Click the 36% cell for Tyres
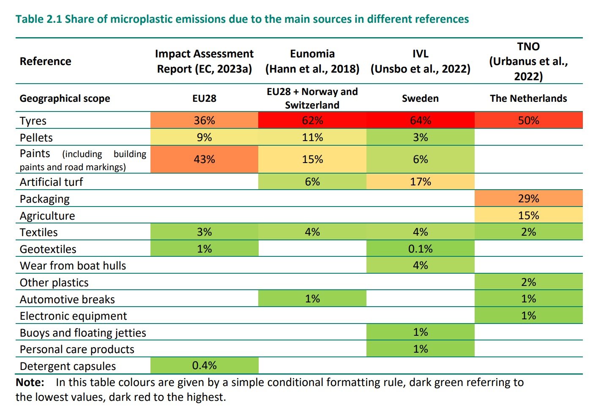[204, 120]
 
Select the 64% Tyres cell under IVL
[420, 120]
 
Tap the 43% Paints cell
[204, 159]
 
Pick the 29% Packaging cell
[528, 199]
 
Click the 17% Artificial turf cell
[420, 182]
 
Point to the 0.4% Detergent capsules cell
[204, 365]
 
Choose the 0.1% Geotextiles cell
[420, 249]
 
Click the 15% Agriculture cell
[528, 215]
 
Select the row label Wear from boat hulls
[73, 266]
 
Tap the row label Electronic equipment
[73, 316]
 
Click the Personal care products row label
[77, 349]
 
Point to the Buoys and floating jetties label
[83, 333]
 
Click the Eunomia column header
[312, 61]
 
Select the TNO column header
[528, 61]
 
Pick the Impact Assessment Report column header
[204, 61]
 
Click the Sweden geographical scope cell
[420, 98]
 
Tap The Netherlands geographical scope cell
[528, 98]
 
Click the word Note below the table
[30, 382]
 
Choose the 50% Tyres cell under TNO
[528, 120]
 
